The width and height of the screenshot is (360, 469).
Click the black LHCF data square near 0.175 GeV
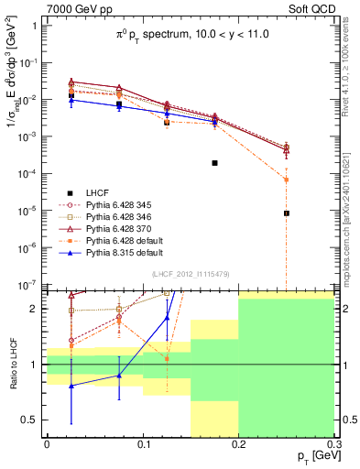pos(214,163)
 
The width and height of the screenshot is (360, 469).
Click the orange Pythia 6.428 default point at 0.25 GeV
pos(287,180)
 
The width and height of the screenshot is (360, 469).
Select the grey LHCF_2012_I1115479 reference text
pos(189,275)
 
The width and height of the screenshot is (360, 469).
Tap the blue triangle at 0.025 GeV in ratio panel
pos(71,386)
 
